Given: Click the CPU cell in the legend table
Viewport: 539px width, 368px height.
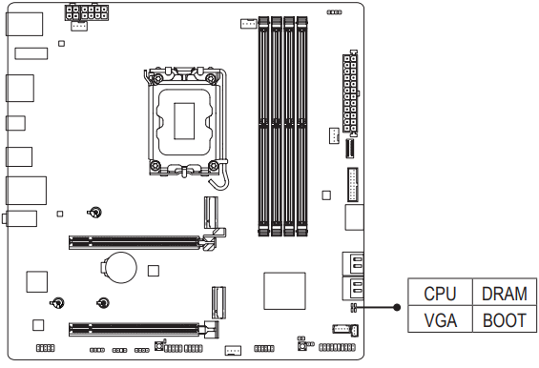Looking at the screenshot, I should tap(440, 295).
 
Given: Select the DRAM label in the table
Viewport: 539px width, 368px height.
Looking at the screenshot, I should tap(505, 295).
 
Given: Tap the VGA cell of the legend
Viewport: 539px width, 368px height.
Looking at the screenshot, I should tap(440, 320).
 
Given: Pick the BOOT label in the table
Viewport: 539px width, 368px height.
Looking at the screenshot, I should tap(505, 320).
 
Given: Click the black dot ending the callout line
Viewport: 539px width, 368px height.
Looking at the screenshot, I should tap(396, 307).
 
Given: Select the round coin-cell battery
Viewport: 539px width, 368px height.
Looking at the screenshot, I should tap(120, 264).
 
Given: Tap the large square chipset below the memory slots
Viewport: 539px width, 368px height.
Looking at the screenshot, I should tap(283, 290).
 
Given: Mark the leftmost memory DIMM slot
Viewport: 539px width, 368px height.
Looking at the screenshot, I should tap(263, 124).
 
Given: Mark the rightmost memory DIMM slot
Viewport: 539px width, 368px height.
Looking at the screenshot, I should tap(303, 124).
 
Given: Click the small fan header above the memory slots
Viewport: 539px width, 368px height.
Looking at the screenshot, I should tap(247, 21).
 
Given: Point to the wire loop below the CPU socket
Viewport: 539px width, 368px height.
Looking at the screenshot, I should tap(219, 174).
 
